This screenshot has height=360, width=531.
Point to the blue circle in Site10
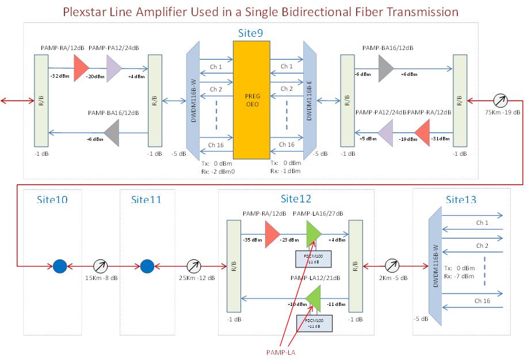pos(60,266)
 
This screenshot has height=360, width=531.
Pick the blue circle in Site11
pos(147,266)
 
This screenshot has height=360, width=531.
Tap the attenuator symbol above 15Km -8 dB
pos(101,266)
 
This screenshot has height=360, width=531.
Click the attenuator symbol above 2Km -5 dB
pos(391,266)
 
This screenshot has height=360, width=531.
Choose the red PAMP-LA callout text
pos(280,351)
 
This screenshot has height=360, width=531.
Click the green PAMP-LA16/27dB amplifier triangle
pos(314,234)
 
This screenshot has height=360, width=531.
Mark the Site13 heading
pos(461,200)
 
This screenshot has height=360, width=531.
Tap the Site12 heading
pos(296,199)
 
